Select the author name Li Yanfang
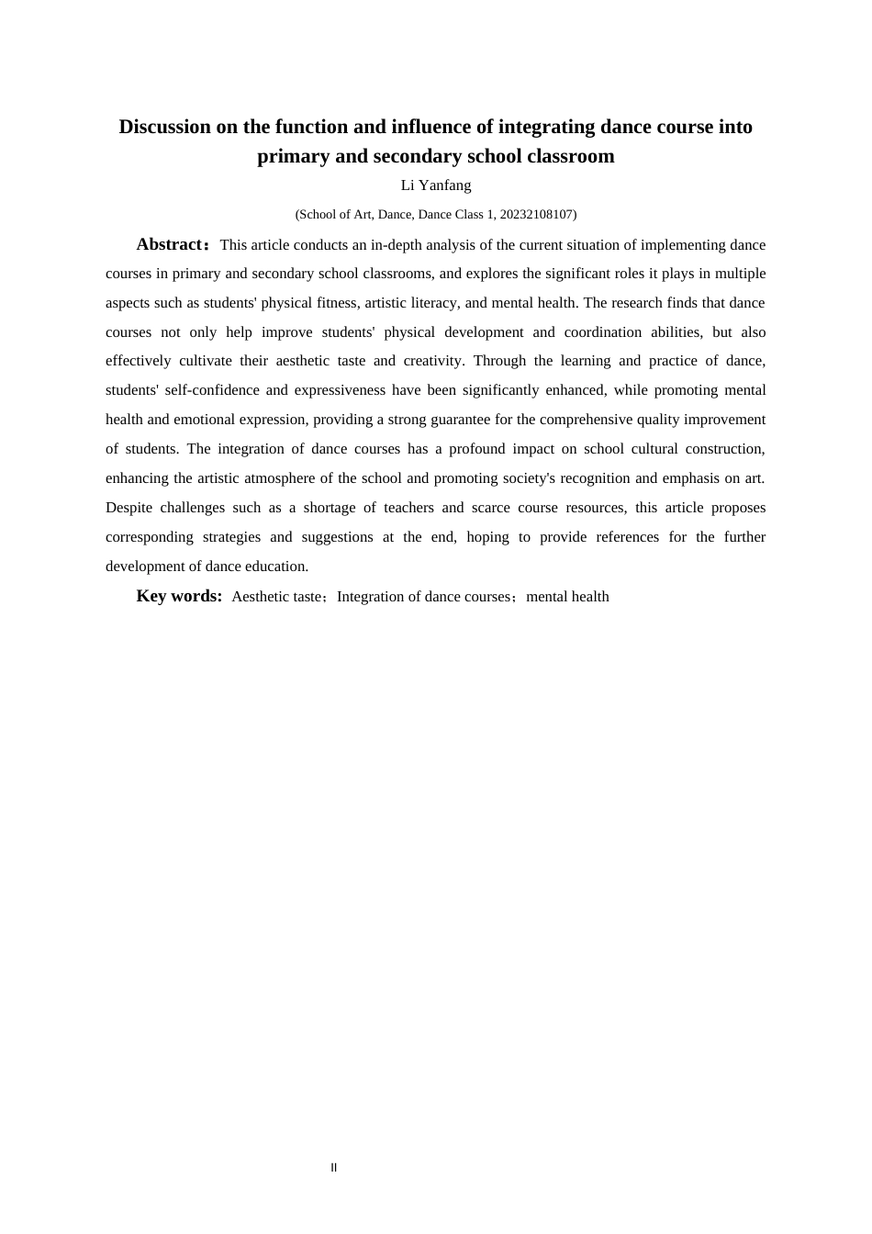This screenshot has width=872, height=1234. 436,185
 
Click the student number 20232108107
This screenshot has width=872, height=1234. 537,215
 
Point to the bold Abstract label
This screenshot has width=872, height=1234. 170,244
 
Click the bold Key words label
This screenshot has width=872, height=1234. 179,596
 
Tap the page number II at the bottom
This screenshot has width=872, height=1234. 334,1168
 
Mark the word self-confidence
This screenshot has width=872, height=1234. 212,390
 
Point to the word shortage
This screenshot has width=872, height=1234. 330,508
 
